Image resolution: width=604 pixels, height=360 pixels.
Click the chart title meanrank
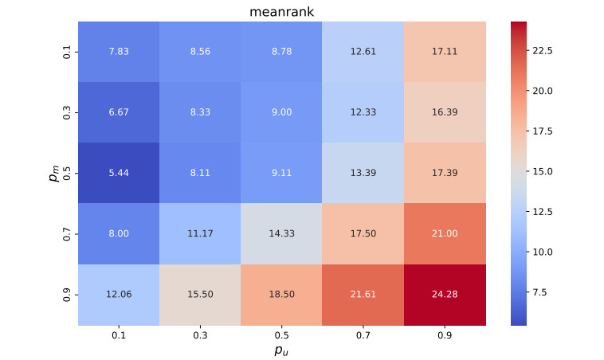pyautogui.click(x=281, y=12)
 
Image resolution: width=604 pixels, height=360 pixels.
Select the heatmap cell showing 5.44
pyautogui.click(x=119, y=173)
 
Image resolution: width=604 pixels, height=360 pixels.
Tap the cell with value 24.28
pyautogui.click(x=445, y=295)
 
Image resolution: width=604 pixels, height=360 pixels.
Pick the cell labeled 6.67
pyautogui.click(x=119, y=112)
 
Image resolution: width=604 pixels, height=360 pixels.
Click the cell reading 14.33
pyautogui.click(x=281, y=233)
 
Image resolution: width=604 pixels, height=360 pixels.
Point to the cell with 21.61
pyautogui.click(x=363, y=295)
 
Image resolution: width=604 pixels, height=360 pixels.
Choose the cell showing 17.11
pyautogui.click(x=445, y=52)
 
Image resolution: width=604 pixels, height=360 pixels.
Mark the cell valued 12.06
pyautogui.click(x=119, y=295)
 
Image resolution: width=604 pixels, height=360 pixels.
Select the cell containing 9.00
pyautogui.click(x=281, y=112)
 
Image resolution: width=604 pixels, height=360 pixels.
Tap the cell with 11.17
pyautogui.click(x=200, y=233)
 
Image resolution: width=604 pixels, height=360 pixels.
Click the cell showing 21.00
pyautogui.click(x=445, y=233)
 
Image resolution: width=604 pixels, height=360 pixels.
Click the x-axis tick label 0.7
pyautogui.click(x=363, y=335)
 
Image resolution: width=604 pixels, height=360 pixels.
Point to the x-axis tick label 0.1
pyautogui.click(x=119, y=335)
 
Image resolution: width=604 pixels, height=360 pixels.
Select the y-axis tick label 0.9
pyautogui.click(x=67, y=295)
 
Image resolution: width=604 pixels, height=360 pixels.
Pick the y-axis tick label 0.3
pyautogui.click(x=67, y=112)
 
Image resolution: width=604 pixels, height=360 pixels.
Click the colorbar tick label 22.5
pyautogui.click(x=543, y=51)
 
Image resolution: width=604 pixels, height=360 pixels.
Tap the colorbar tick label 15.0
pyautogui.click(x=543, y=172)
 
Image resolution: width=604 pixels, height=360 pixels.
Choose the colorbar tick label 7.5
pyautogui.click(x=539, y=292)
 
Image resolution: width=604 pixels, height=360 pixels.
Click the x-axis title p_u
pyautogui.click(x=281, y=350)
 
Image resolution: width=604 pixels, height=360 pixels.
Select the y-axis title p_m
pyautogui.click(x=54, y=173)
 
